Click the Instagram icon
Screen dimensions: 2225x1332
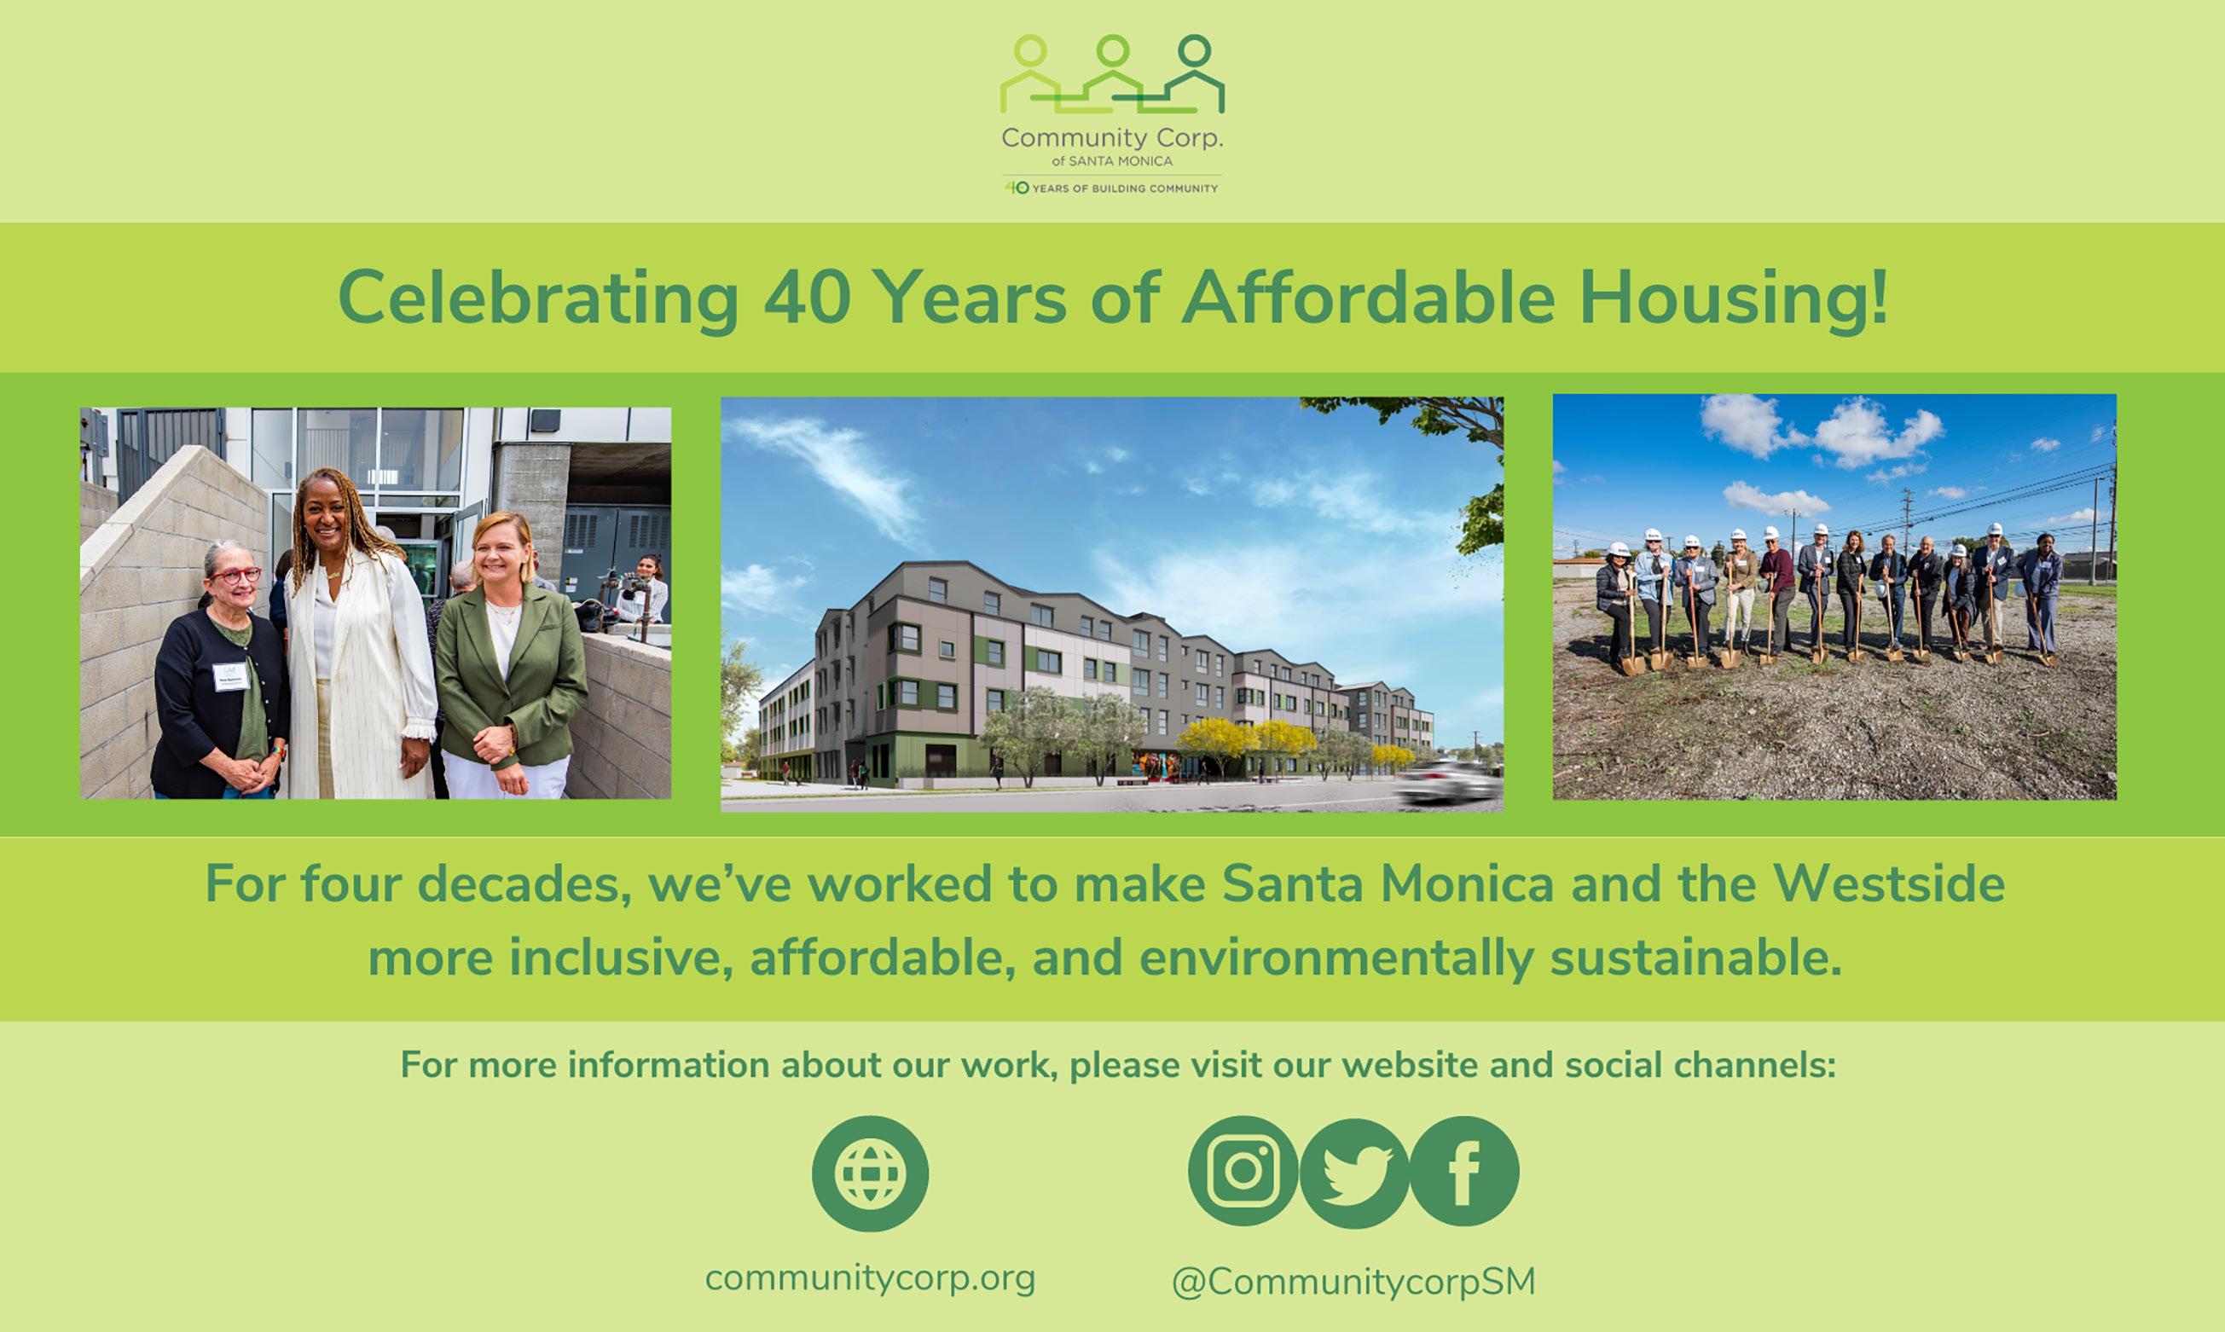pyautogui.click(x=1243, y=1171)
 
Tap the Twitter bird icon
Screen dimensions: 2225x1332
pyautogui.click(x=1354, y=1173)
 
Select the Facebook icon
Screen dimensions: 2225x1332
pyautogui.click(x=1464, y=1171)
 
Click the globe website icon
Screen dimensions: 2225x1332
pyautogui.click(x=870, y=1173)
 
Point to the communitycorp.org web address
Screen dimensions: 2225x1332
pyautogui.click(x=870, y=1278)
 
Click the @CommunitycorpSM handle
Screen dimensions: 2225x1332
pyautogui.click(x=1353, y=1281)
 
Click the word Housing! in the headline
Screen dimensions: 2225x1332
pyautogui.click(x=1733, y=300)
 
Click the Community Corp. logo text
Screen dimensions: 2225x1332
pyautogui.click(x=1112, y=138)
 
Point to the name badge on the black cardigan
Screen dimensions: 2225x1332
pyautogui.click(x=229, y=676)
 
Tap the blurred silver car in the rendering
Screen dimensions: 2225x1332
pyautogui.click(x=1448, y=781)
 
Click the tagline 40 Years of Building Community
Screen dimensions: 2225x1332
pyautogui.click(x=1111, y=188)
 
